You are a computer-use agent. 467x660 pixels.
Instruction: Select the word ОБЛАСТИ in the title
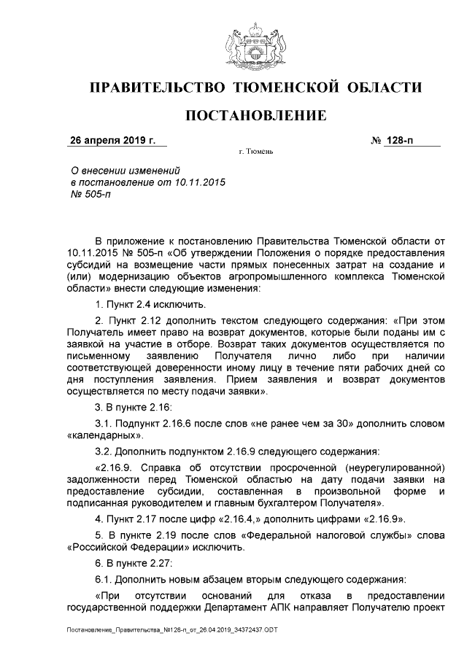point(384,88)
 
